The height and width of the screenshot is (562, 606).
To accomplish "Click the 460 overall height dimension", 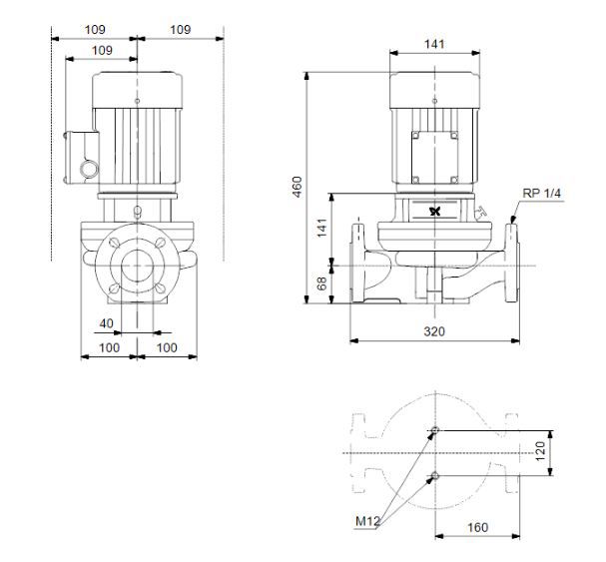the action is pos(297,187).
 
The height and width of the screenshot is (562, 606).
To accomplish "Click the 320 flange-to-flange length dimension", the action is pos(434,331).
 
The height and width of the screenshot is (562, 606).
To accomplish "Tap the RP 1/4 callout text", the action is pos(541,193).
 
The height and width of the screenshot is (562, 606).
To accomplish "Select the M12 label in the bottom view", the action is pos(367,521).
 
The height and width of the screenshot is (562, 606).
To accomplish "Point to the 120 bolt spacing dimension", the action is pos(540,451).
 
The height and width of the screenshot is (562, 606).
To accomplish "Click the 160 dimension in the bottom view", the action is pos(477,527).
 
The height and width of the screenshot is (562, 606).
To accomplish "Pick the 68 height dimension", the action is pos(321,283).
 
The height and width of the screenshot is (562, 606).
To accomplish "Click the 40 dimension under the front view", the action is pos(106,323).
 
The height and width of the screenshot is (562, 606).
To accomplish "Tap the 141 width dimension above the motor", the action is pos(434,44).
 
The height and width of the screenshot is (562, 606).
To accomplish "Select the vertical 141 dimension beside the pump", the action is pos(321,228).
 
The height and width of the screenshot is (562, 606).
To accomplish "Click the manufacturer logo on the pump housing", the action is pos(435,212).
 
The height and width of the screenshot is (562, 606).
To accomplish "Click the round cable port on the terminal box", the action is pos(90,170).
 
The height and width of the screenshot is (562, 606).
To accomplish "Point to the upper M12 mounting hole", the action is pos(435,430).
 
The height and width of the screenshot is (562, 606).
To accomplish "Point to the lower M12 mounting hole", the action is pos(435,475).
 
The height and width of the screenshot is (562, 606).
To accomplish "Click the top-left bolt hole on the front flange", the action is pos(115,243).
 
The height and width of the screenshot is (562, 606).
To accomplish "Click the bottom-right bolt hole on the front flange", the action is pos(160,287).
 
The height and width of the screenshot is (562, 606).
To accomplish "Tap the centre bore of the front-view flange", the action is pos(137,266).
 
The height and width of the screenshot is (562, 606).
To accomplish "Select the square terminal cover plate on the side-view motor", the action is pos(435,158).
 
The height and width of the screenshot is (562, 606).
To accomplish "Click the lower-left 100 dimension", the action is pos(110,347).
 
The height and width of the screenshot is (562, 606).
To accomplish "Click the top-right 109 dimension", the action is pos(181,29).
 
